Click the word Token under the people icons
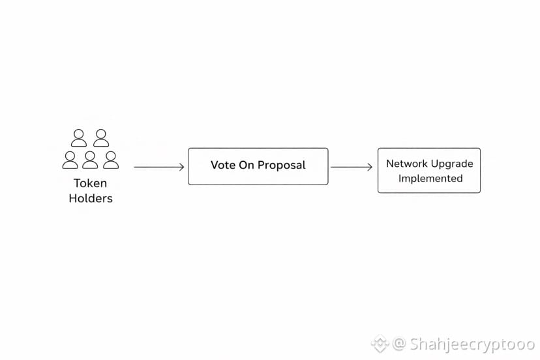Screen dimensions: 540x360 [90, 183]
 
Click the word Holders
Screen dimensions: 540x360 [91, 198]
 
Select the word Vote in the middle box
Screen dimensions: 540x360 [223, 165]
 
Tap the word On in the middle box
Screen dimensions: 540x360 [247, 165]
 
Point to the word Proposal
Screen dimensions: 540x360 [281, 166]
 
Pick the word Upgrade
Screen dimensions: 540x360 [451, 164]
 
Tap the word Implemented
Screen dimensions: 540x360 [430, 179]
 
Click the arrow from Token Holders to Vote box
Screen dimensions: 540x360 [159, 167]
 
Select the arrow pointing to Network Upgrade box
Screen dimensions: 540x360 [352, 167]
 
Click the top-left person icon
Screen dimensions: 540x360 [79, 138]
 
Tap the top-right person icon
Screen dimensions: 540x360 [101, 138]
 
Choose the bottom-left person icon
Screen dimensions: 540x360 [70, 160]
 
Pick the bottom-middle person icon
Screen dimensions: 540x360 [90, 160]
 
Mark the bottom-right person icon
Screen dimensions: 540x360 [111, 160]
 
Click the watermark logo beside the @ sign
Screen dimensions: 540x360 [380, 344]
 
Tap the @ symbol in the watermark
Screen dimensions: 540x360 [399, 344]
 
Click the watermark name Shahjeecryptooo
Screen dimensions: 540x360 [472, 344]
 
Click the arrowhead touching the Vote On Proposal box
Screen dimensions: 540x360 [181, 167]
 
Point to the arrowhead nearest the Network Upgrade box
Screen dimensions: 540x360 [370, 167]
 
